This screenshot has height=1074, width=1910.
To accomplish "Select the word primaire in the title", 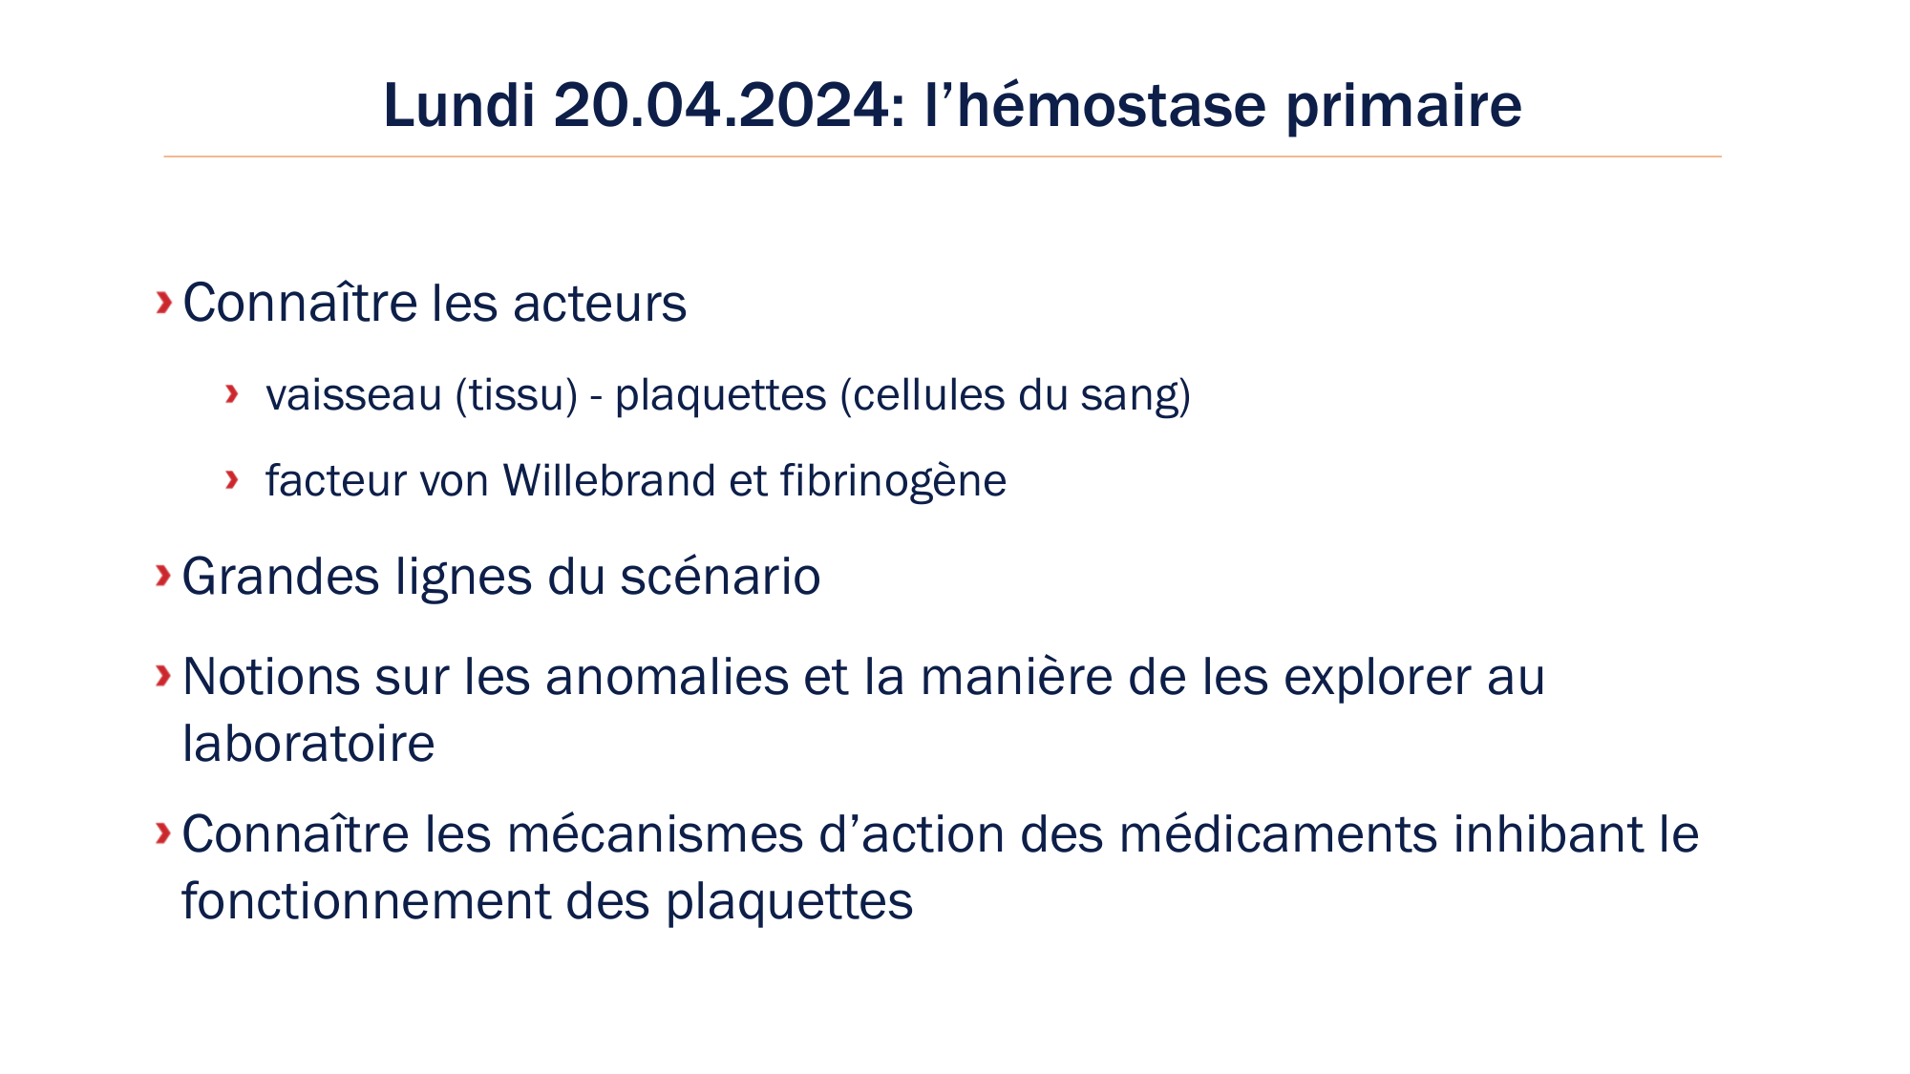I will click(1403, 107).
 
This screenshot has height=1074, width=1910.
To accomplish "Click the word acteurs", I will click(599, 304).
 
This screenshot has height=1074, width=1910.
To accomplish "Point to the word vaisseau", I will click(353, 395).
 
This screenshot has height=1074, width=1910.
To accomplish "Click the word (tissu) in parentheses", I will click(516, 395).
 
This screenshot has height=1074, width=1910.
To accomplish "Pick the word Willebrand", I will click(608, 480).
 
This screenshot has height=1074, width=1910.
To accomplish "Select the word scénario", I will click(720, 577).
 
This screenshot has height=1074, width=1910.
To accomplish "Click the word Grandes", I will click(281, 577).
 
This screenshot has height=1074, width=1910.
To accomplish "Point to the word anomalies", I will click(667, 677).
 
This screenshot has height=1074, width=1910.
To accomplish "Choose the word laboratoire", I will click(308, 744).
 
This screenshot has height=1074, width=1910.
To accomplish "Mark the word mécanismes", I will click(656, 834).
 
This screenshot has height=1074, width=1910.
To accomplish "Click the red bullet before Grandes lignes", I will click(163, 575).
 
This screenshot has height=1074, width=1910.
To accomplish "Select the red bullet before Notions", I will click(163, 676).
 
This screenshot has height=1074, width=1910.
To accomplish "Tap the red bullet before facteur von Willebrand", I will click(231, 479).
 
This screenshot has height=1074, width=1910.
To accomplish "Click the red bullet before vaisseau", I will click(231, 393).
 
